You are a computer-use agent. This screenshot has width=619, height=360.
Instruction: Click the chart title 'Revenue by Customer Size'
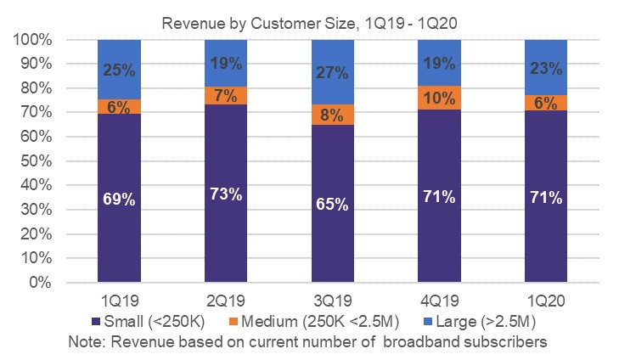pyautogui.click(x=310, y=23)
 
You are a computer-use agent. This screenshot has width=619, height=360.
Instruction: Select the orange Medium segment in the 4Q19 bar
pyautogui.click(x=439, y=98)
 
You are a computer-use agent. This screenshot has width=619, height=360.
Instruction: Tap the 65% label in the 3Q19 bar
pyautogui.click(x=332, y=204)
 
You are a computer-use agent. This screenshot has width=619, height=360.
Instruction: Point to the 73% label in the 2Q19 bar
pyautogui.click(x=225, y=194)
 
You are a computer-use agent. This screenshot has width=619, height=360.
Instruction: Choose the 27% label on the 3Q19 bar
pyautogui.click(x=332, y=72)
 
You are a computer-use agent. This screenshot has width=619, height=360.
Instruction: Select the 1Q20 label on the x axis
pyautogui.click(x=545, y=303)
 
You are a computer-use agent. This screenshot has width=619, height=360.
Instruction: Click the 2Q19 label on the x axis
pyautogui.click(x=225, y=303)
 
